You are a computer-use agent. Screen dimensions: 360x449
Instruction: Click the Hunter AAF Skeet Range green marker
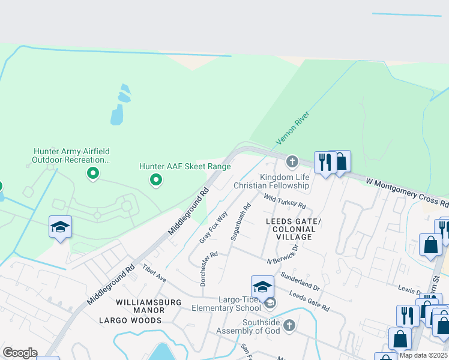pos(156,179)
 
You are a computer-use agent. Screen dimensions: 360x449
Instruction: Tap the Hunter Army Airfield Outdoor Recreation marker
pos(93,174)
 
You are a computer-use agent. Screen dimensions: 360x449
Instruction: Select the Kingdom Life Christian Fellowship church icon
pos(292,161)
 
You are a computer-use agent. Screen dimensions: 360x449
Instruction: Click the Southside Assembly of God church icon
pos(289,325)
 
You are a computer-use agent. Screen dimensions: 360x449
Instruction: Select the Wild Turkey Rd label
pos(285,200)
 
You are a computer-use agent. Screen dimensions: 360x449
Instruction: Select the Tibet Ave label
pos(154,272)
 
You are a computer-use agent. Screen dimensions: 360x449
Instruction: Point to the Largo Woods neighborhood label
pos(130,320)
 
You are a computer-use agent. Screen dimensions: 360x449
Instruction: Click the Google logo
pos(20,353)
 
